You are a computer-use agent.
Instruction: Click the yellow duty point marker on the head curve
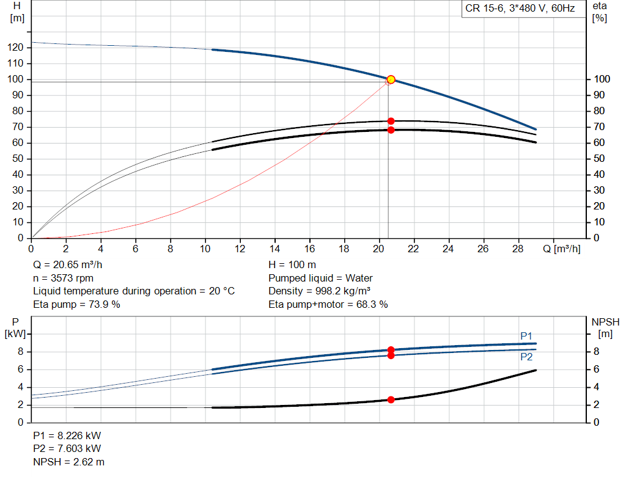(391, 79)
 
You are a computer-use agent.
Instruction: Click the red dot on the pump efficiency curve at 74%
(391, 121)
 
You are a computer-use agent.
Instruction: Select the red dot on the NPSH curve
(391, 399)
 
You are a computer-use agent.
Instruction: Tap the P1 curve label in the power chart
(526, 336)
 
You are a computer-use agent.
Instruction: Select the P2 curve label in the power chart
(526, 357)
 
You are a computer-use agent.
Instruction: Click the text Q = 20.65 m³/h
(67, 266)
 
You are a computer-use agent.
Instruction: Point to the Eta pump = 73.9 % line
(76, 304)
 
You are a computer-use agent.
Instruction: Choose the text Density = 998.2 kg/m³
(319, 291)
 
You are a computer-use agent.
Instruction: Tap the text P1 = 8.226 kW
(67, 436)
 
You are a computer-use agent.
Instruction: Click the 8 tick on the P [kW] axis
(20, 352)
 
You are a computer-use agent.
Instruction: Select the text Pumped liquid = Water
(320, 279)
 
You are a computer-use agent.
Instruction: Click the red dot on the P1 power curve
(391, 350)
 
